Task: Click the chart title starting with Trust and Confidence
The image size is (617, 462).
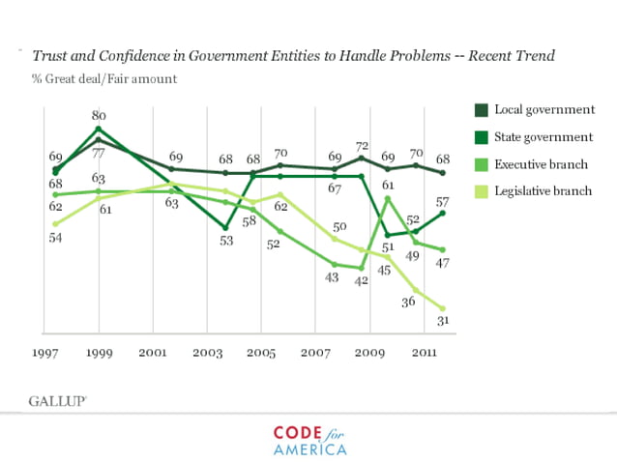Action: pos(294,56)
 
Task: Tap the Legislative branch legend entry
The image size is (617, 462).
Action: pos(543,191)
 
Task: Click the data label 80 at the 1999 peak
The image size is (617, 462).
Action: pos(98,116)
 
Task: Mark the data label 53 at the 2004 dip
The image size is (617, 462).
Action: pos(225,241)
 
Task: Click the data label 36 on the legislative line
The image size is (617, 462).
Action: pos(409,302)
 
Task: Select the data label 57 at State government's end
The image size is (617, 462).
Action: pos(441,203)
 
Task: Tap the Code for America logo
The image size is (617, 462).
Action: pos(309,440)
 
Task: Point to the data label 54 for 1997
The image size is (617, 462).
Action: pos(56,239)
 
